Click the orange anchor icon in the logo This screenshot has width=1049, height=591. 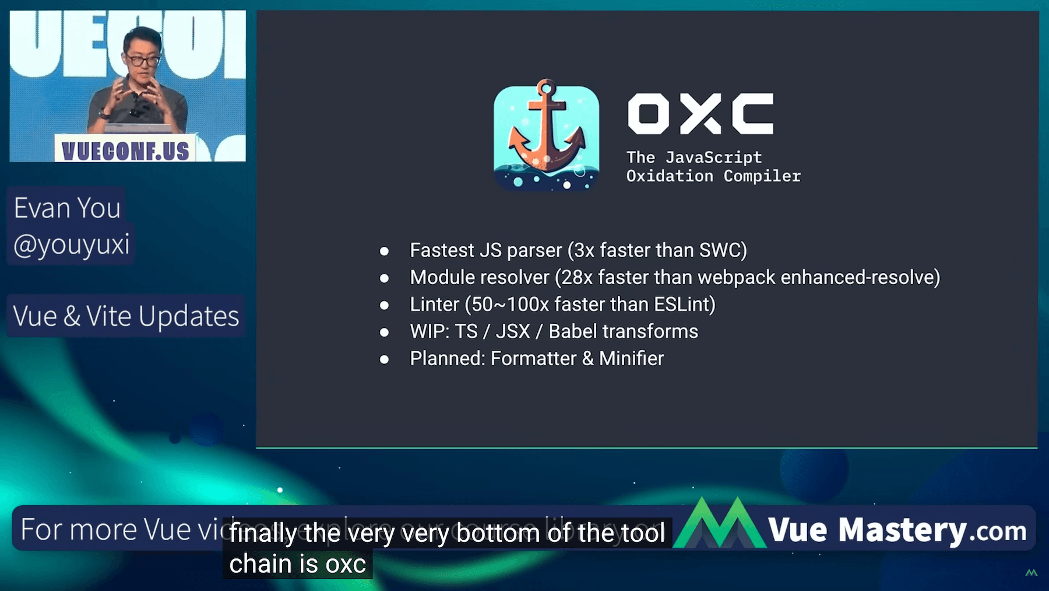[x=546, y=131]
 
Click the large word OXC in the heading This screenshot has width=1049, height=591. [x=700, y=114]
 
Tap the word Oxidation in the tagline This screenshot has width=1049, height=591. [x=670, y=176]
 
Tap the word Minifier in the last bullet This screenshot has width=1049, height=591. [x=631, y=358]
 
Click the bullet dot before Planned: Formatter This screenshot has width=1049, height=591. [x=384, y=359]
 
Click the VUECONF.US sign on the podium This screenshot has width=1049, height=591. [x=125, y=151]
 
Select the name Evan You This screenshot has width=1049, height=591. [x=67, y=208]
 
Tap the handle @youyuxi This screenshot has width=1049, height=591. [x=71, y=244]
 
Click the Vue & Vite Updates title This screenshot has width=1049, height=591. [x=126, y=316]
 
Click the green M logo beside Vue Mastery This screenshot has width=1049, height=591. [x=720, y=525]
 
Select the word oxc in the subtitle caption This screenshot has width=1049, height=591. [x=346, y=564]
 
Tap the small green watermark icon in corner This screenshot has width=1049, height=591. [x=1031, y=572]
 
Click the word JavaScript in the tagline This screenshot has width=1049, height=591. [x=713, y=158]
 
